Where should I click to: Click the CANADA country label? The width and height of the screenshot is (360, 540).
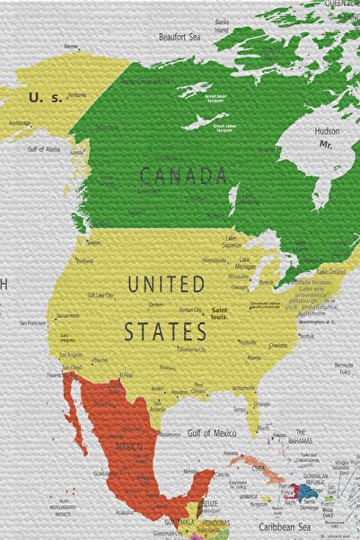coord(183,175)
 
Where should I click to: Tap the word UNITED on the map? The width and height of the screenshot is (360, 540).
coord(166,285)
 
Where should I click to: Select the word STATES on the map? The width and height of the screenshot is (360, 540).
coord(165,331)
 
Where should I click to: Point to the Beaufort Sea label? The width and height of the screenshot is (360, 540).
coord(179,37)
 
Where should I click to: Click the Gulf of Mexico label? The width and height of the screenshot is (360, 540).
coord(212,433)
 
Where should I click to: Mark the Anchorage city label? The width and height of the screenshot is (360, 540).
coord(20,123)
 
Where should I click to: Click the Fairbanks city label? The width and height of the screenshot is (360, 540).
coord(77,94)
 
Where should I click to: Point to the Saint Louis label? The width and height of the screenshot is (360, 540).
coord(218,313)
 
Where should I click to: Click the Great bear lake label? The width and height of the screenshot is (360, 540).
coord(221,98)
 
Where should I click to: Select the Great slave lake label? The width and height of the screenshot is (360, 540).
coord(225,127)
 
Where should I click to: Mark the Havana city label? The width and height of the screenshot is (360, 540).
coord(231,453)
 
